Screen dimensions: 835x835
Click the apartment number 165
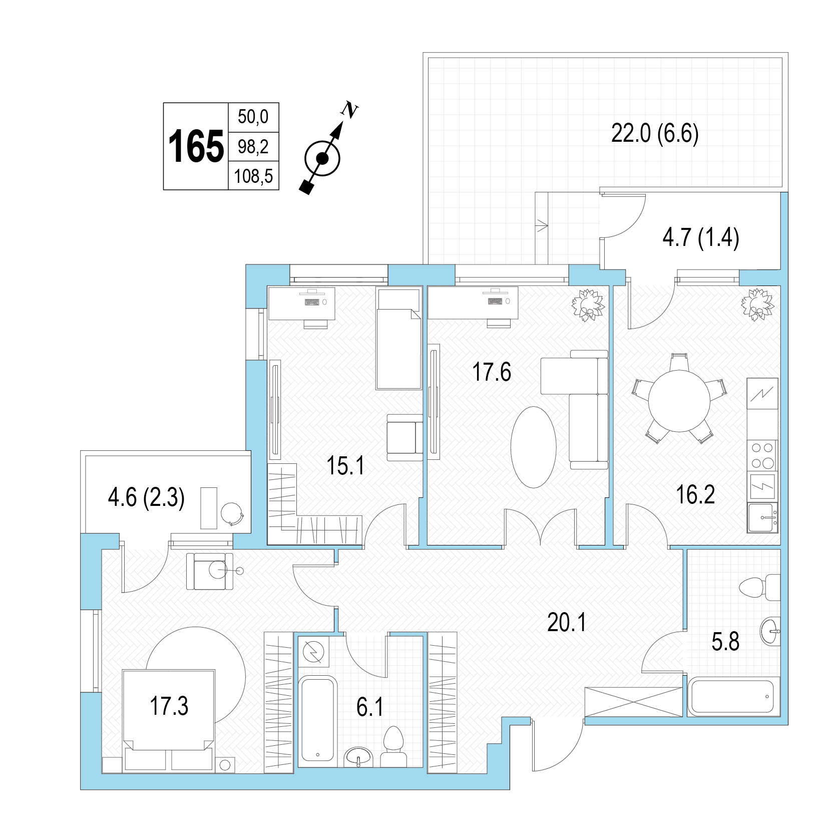point(196,146)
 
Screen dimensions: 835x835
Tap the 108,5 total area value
point(253,176)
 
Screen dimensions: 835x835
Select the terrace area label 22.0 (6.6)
point(655,134)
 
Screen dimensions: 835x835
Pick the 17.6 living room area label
point(492,372)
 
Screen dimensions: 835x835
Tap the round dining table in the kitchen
point(679,401)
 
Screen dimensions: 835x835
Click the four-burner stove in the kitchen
point(762,455)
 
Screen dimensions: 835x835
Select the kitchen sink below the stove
point(762,517)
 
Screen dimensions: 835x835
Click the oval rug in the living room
point(533,447)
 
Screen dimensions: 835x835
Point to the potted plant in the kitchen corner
point(757,304)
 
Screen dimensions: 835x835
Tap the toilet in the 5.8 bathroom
point(759,587)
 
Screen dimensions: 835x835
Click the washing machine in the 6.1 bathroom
point(314,652)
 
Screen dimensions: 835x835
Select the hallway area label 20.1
point(566,623)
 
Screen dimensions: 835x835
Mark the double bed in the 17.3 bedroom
point(169,720)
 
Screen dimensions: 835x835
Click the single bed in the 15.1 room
point(399,338)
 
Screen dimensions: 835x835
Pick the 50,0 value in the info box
point(253,117)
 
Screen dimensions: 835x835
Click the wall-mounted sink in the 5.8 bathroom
point(770,631)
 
